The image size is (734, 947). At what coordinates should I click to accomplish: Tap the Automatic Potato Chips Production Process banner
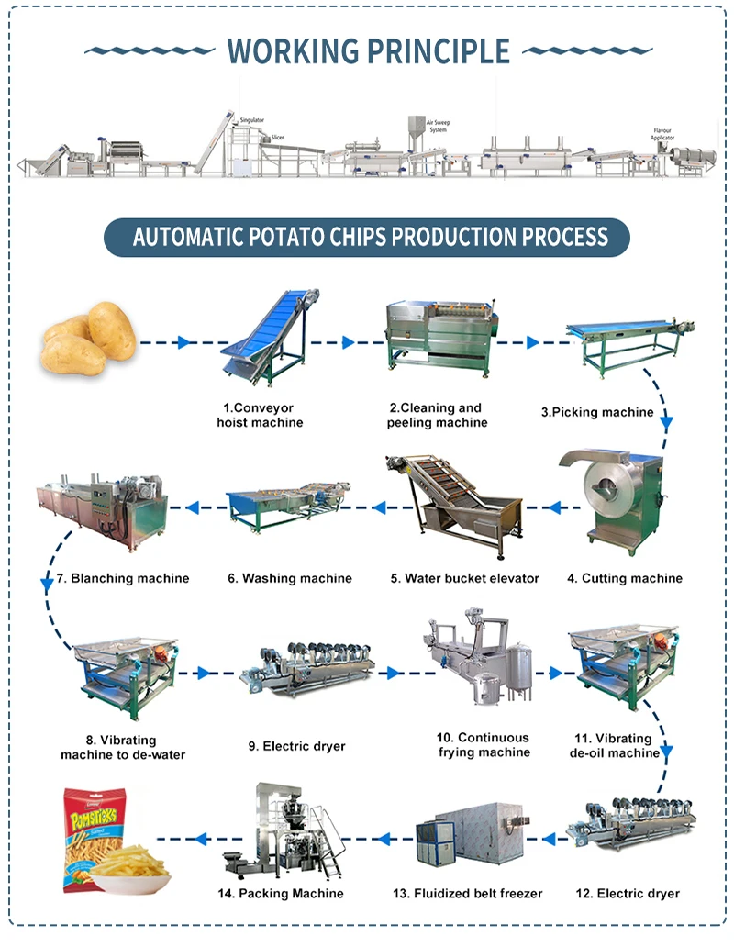tap(367, 237)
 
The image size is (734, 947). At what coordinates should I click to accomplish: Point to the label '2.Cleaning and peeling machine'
tap(436, 415)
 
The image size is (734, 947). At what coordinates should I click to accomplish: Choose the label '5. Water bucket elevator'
tap(464, 578)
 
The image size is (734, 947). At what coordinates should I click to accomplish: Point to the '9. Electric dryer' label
tap(296, 746)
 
